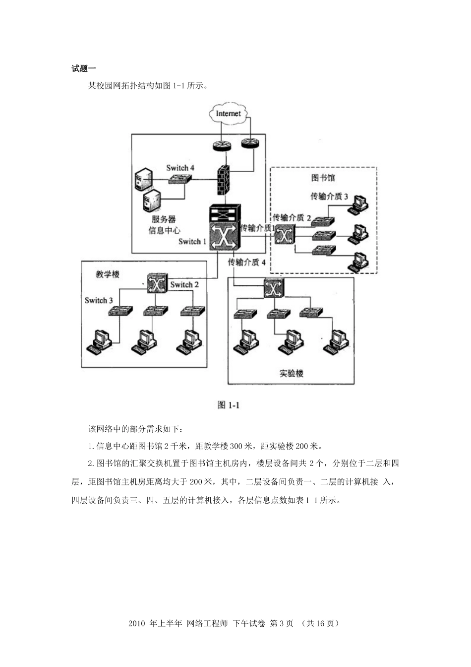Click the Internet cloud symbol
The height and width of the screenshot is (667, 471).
pos(228,114)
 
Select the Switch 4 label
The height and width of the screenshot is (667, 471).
pos(180,168)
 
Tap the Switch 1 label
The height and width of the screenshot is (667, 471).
pos(193,242)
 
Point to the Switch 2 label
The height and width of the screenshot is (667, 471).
pos(184,285)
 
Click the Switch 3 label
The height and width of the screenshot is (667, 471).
pos(99,300)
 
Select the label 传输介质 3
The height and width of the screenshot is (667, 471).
pos(329,197)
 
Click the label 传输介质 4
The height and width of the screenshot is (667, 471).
pos(247,262)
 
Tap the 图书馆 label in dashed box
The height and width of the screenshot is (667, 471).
pos(323,178)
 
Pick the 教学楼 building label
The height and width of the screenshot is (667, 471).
pos(108,274)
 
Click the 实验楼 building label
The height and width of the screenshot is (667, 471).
pos(292,373)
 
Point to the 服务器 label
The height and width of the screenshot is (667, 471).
pos(164,219)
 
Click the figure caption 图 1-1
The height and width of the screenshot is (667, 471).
pos(229,405)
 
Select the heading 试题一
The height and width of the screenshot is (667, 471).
pos(84,68)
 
